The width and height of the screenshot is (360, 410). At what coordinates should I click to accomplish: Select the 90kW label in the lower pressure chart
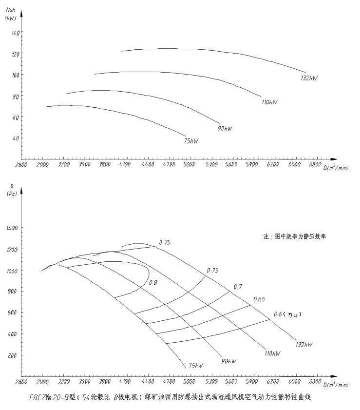click(228, 361)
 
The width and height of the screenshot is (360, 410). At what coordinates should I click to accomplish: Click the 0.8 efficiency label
click(153, 282)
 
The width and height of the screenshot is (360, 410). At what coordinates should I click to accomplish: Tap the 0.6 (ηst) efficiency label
click(287, 314)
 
